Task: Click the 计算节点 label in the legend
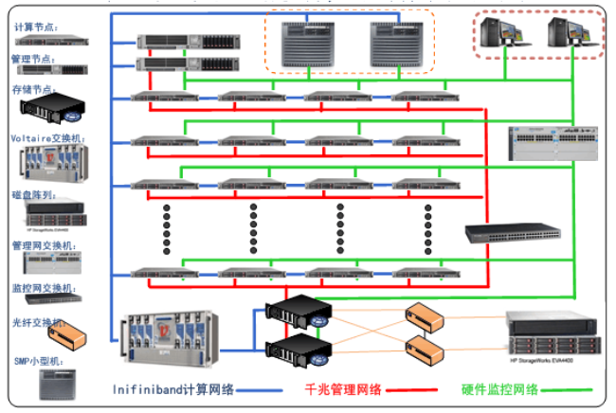click(36, 27)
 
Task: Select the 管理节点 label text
click(36, 58)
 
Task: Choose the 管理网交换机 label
click(42, 245)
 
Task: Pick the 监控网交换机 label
click(42, 287)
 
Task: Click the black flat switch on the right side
click(511, 233)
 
